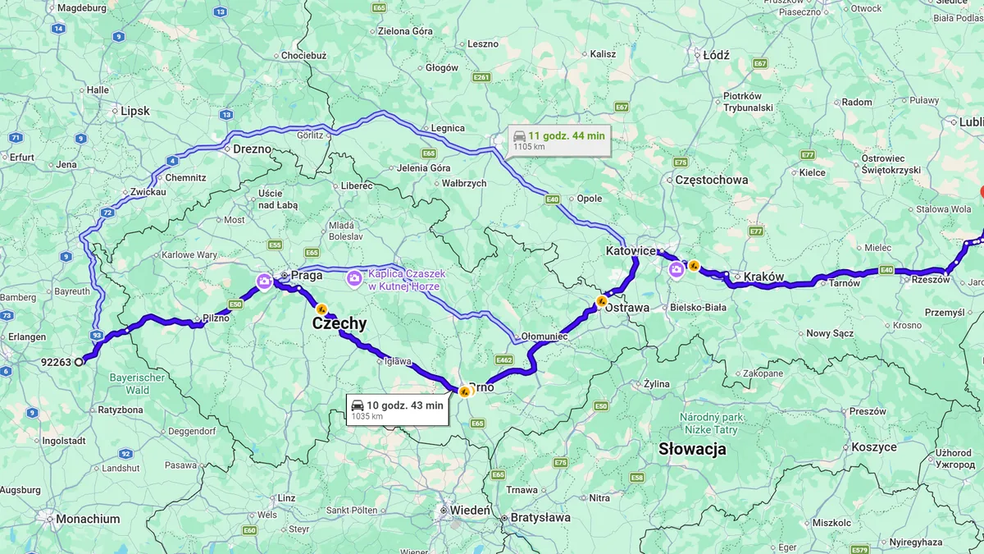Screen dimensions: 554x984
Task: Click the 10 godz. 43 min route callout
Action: (398, 409)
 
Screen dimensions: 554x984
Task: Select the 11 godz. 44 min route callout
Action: (559, 140)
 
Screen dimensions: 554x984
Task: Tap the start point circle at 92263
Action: (80, 361)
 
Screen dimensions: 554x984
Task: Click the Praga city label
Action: (306, 275)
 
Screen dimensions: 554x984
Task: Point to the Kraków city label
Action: (763, 277)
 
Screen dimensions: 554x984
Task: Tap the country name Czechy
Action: (339, 324)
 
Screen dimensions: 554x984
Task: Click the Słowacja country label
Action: (693, 449)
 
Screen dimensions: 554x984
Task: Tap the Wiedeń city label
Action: (471, 511)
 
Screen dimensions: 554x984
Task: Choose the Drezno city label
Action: (252, 149)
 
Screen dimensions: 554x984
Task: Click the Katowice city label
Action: (630, 250)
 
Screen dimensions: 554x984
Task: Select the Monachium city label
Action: (88, 519)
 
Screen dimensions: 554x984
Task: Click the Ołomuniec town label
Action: (544, 337)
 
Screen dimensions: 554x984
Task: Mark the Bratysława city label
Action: (540, 517)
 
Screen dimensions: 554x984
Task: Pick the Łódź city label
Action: (716, 55)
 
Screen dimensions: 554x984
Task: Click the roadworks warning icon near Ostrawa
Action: (602, 301)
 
